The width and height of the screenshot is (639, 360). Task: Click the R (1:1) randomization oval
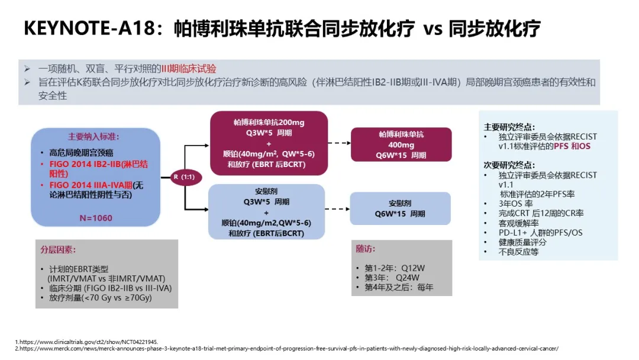[186, 177]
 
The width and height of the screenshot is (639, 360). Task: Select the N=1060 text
[96, 218]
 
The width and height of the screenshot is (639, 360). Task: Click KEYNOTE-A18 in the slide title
[90, 28]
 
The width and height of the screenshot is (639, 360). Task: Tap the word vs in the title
[433, 30]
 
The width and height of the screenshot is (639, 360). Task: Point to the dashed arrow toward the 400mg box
[340, 143]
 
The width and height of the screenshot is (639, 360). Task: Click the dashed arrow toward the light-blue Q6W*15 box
[337, 209]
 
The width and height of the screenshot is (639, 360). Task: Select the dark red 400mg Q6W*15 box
[401, 144]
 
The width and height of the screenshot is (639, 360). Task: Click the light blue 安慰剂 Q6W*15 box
[400, 208]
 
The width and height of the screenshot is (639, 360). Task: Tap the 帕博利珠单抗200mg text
[269, 123]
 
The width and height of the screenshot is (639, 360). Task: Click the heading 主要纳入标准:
[93, 137]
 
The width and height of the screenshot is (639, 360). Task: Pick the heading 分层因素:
[58, 249]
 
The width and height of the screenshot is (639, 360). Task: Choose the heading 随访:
[366, 249]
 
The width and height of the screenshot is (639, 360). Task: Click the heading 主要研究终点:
[509, 127]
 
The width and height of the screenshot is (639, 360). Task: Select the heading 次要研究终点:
[509, 165]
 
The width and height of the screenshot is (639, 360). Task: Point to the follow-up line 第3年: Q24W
[392, 278]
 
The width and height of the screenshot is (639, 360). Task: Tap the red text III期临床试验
[189, 69]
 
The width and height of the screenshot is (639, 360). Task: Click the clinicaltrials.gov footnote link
[86, 342]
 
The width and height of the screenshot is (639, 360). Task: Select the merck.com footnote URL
[287, 349]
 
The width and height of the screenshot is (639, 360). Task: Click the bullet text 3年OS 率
[515, 204]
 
